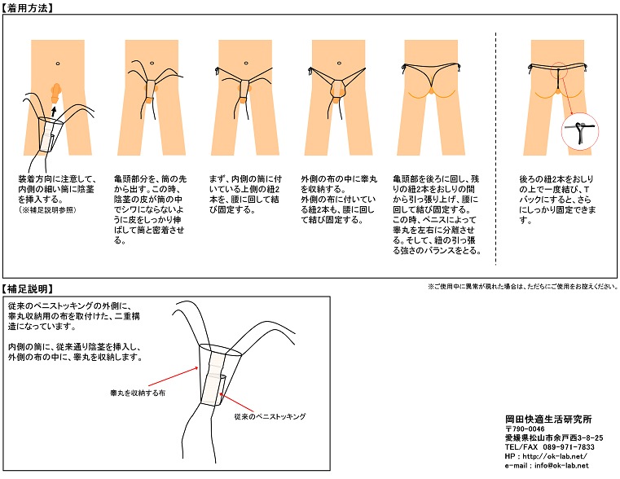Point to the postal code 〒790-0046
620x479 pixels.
coord(525,428)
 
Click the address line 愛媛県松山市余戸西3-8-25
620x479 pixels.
coord(553,437)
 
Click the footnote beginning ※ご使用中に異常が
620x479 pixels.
coord(522,287)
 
